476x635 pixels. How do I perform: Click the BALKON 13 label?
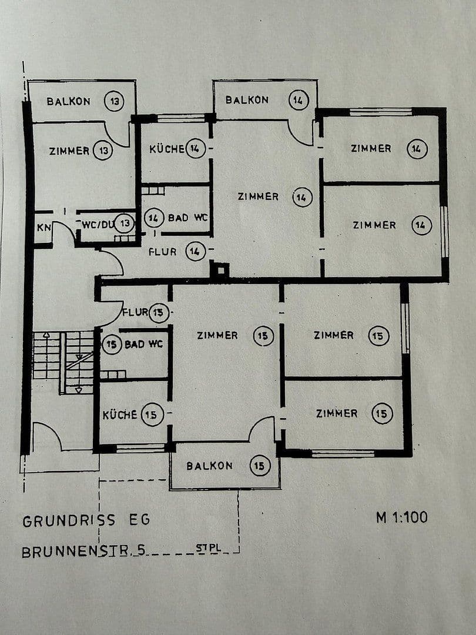pos(69,101)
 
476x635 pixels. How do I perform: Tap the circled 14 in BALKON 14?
pos(298,100)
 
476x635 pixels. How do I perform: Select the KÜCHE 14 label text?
pos(167,149)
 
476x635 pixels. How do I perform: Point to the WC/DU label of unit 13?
pos(97,223)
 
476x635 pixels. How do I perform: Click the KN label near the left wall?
pos(43,227)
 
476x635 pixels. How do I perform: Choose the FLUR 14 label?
pos(163,252)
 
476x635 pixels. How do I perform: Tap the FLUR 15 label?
pos(135,312)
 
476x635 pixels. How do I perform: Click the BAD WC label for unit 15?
pos(143,344)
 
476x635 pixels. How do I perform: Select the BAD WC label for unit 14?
pos(186,218)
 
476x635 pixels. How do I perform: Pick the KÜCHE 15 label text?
pos(120,415)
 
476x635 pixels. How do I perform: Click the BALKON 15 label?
pos(209,466)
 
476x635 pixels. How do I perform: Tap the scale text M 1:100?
pos(402,517)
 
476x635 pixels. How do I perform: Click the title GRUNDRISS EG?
pos(86,520)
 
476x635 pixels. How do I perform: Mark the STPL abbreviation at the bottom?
pos(208,549)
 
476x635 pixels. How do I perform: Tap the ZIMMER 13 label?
pos(69,151)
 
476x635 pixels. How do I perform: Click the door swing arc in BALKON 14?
pos(302,134)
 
